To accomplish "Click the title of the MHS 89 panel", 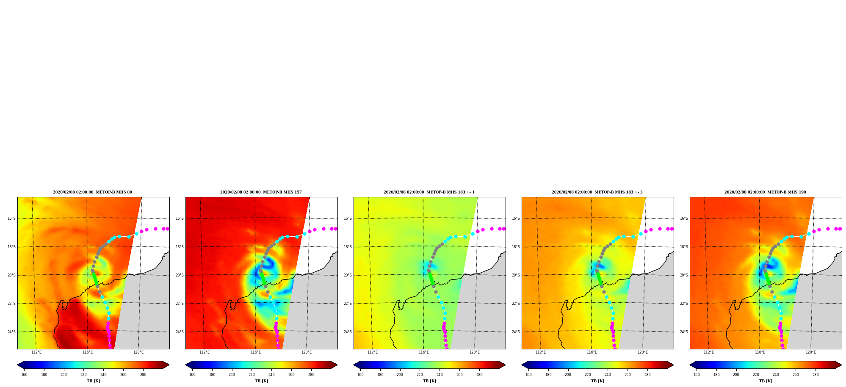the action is point(92,192).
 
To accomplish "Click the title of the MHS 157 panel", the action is point(261,192).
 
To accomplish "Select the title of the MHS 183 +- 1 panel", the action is point(429,192).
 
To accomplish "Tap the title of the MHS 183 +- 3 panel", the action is point(597,192).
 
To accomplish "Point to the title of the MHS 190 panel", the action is point(765,192).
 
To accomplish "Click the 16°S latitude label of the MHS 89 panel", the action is point(11,218).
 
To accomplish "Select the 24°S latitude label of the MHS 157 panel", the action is point(180,332).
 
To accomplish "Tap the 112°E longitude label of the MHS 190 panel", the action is point(709,352).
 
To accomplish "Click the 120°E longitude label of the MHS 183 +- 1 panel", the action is point(475,352).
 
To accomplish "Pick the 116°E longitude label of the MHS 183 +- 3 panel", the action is point(592,352).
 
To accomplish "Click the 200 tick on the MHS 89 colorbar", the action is point(64,374).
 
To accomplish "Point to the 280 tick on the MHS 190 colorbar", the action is point(816,374).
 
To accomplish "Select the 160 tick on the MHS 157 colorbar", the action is point(192,374).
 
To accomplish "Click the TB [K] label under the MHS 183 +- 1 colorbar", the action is point(429,381).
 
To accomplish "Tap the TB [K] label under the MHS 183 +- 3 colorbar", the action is point(597,381).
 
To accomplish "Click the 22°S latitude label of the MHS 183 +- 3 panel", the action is point(516,304).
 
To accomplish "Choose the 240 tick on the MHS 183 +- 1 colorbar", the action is point(440,374).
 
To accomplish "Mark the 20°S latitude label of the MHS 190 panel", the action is point(684,275).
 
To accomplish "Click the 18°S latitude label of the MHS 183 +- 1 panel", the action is point(348,247).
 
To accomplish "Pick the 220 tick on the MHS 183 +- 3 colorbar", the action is point(588,374).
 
